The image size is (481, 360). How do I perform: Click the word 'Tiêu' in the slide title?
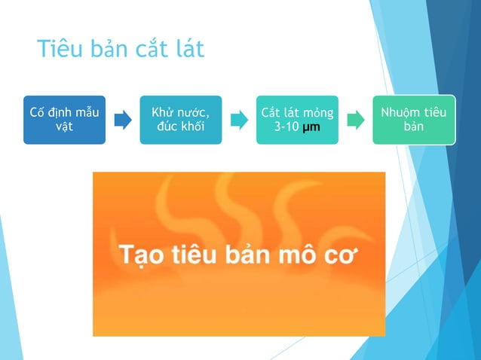click(x=60, y=50)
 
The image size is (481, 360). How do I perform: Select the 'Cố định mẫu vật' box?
click(x=63, y=119)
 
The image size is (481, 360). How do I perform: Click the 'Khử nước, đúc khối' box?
click(x=181, y=119)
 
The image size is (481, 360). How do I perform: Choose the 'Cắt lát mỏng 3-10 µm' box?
click(x=297, y=119)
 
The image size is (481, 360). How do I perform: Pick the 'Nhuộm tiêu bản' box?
click(x=414, y=119)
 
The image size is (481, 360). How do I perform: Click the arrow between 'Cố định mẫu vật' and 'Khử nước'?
click(x=122, y=120)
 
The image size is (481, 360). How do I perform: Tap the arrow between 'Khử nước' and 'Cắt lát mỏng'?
click(x=238, y=120)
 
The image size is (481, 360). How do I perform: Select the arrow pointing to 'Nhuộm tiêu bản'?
click(x=355, y=120)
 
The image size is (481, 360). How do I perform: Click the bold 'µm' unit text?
click(x=311, y=127)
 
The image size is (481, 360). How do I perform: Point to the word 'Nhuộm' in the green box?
click(x=400, y=112)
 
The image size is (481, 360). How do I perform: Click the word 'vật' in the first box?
click(x=64, y=127)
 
